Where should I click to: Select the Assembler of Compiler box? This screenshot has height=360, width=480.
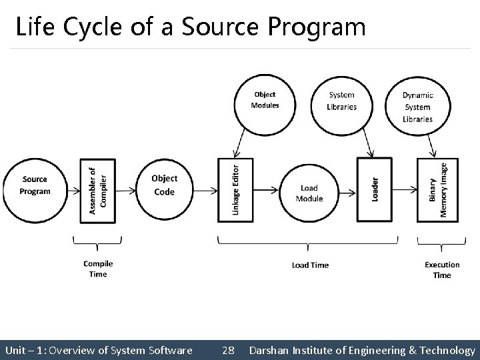point(97,190)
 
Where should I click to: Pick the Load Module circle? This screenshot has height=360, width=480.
point(309,193)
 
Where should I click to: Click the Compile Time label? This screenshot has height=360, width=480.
point(98,269)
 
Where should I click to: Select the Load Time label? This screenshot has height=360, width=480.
point(310,265)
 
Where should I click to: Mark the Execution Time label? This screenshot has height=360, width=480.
point(442,269)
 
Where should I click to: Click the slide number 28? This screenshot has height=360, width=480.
point(228,349)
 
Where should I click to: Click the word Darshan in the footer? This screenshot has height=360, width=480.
point(269,349)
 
